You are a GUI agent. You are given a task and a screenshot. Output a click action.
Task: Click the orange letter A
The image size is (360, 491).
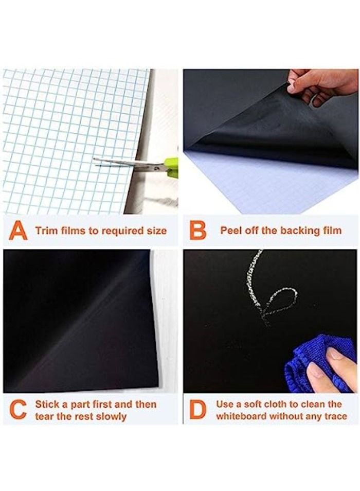point(18,230)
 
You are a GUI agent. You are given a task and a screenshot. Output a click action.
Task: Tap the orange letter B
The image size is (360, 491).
point(197,231)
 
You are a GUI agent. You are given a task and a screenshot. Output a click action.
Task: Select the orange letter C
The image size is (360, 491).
point(18,410)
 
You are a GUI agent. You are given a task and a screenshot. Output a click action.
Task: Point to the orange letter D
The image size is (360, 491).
point(198,410)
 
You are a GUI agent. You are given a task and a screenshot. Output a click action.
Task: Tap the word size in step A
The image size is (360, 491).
point(157,231)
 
